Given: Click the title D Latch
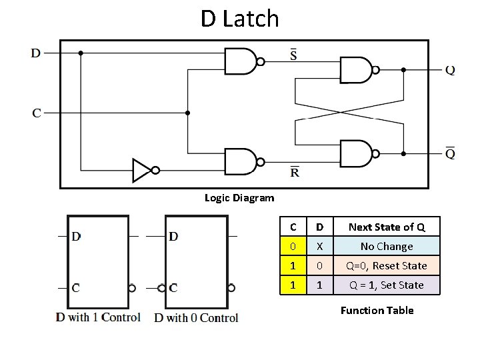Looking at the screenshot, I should [239, 19].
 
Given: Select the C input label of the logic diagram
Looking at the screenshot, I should [37, 113].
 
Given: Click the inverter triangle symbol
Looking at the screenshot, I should [142, 170].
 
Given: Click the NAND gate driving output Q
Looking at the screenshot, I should [356, 69].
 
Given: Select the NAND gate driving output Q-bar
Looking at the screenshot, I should [356, 153].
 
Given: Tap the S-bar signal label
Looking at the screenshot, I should [294, 54].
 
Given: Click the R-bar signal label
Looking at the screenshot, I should [295, 171].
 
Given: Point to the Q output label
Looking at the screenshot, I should [451, 70].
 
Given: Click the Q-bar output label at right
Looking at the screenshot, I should [451, 153].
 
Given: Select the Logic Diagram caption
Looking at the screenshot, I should [239, 198].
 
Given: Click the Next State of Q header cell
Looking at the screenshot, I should [387, 227].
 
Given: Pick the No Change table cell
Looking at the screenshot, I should [387, 246].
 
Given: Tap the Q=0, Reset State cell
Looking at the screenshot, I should [387, 265].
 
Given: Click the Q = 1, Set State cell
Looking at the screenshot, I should [387, 285].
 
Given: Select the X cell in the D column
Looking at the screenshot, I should [320, 246].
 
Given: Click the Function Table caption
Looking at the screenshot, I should [377, 310].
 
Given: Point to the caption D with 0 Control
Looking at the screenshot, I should [196, 318].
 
